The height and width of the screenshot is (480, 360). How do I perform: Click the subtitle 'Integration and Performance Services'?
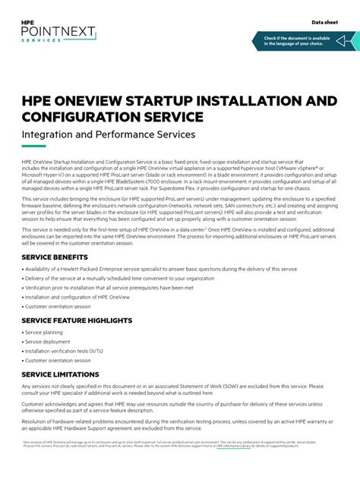[x=109, y=134]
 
